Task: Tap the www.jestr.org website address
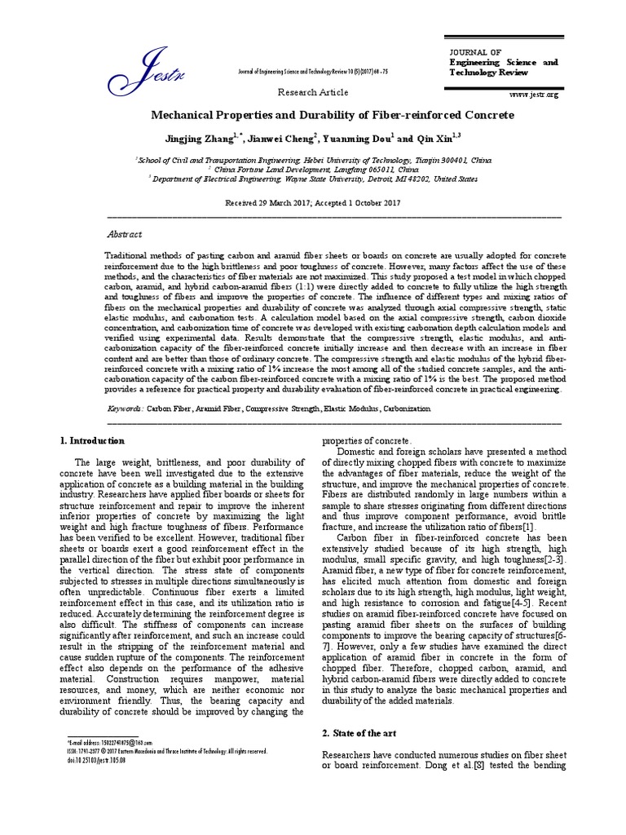click(534, 95)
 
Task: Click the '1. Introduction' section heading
click(93, 441)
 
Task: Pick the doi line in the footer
click(90, 759)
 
